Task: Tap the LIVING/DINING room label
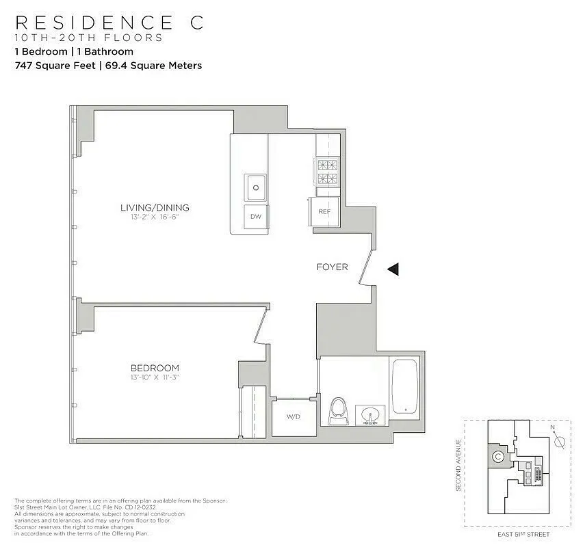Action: coord(155,208)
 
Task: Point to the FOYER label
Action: coord(332,267)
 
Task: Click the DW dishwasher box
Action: coord(256,217)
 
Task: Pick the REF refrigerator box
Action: coord(324,211)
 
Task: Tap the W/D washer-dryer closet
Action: coord(293,416)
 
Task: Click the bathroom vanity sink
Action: coord(369,415)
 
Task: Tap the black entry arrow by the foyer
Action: coord(393,269)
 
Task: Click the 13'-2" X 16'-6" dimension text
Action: coord(154,217)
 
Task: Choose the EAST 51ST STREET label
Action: coord(523,534)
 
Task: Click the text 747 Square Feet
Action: coord(55,66)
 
